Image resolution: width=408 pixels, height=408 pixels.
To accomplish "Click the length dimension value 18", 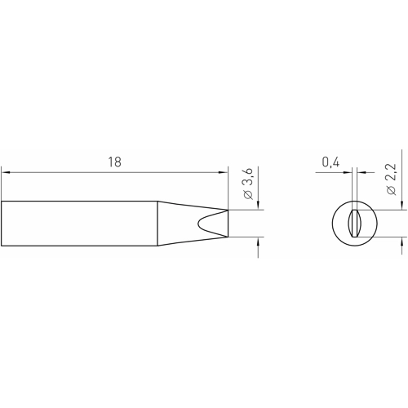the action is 114,162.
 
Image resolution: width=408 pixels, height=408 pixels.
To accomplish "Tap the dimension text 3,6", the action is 249,178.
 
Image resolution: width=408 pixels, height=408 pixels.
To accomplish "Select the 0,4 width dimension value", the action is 330,162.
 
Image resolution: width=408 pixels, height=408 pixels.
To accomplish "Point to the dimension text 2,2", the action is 392,173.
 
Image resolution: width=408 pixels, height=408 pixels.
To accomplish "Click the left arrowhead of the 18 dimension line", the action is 6,172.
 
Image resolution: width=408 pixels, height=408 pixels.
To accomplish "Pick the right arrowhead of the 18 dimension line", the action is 224,172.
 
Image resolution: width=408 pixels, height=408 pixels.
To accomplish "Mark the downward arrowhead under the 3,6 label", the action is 258,205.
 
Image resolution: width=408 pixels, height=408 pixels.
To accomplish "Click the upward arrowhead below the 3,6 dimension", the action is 258,242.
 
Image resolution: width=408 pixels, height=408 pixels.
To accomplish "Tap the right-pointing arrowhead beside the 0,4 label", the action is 348,172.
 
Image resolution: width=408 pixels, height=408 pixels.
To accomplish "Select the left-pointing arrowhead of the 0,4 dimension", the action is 361,172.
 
